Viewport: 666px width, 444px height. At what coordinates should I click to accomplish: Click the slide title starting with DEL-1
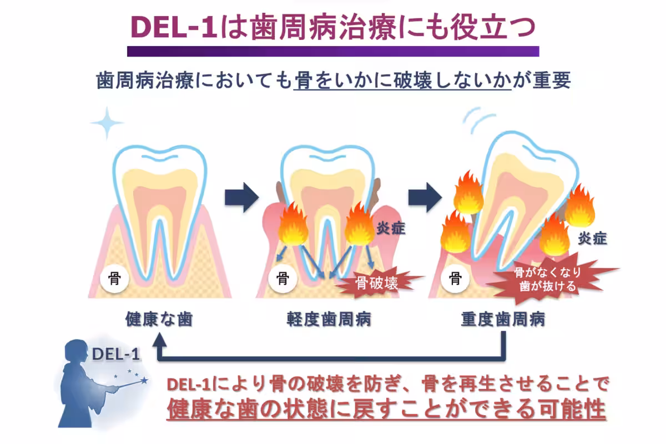333,26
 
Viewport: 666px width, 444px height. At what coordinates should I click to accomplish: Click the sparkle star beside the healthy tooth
107,123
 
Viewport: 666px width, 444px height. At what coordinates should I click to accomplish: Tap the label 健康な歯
159,320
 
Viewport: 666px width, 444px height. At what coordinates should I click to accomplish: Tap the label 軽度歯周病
329,320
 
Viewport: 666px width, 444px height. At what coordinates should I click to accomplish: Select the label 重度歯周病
503,320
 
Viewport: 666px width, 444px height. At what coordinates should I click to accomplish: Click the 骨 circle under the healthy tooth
114,277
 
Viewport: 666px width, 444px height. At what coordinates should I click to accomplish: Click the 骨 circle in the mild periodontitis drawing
282,277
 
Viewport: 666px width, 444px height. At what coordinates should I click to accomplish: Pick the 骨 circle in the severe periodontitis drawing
456,277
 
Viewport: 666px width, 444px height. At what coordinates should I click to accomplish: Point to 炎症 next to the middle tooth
392,228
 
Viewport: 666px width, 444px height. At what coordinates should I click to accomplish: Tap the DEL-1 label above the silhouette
116,354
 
